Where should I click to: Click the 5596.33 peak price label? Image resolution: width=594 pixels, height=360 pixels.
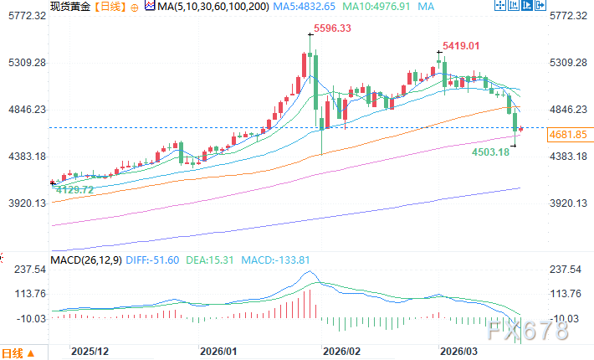point(333,29)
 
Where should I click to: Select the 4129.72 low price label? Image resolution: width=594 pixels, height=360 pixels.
point(74,191)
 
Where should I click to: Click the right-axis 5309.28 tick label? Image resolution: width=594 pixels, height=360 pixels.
point(569,63)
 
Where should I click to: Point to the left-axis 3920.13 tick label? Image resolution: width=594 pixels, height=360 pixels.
point(24,203)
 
